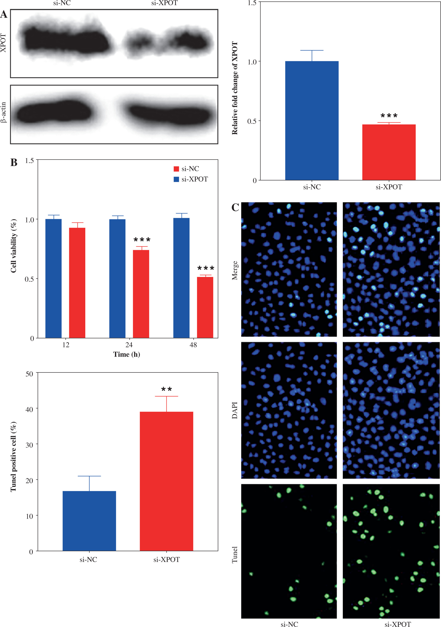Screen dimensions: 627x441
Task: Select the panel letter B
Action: tap(14, 163)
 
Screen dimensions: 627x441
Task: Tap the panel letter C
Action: tap(235, 207)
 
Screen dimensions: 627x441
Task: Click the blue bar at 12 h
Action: tap(53, 279)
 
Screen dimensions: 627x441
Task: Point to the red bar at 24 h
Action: tap(141, 294)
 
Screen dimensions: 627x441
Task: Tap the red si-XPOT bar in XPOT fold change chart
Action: tap(389, 152)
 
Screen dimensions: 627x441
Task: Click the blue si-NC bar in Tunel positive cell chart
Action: tap(89, 521)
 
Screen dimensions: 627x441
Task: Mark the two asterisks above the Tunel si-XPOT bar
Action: tap(166, 389)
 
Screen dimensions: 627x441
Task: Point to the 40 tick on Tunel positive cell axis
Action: tap(29, 409)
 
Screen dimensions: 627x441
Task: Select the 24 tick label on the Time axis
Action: tap(129, 345)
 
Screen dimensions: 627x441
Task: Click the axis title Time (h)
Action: tap(127, 354)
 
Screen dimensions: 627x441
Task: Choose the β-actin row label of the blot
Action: tap(3, 113)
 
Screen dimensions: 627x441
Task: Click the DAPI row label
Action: tap(235, 410)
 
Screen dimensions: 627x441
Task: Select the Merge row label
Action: tap(235, 270)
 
